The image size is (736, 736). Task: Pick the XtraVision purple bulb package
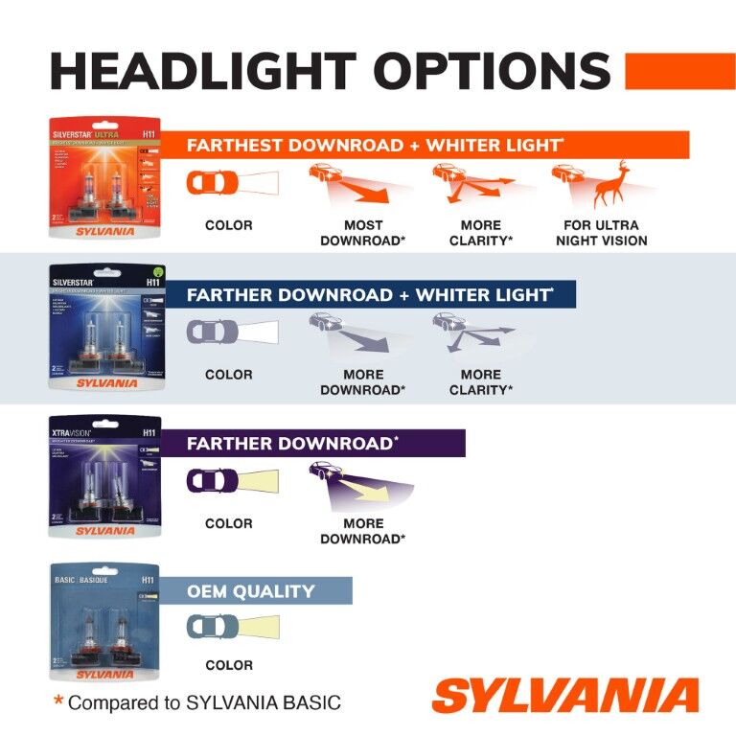coord(105,476)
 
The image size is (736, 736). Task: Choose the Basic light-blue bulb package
coord(105,622)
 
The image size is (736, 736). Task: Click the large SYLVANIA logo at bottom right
coord(564,696)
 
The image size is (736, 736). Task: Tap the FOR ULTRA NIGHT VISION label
coord(601,233)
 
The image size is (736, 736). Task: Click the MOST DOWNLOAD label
coord(362,233)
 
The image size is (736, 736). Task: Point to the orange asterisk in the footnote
coord(58,701)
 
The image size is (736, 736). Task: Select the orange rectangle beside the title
coord(679,71)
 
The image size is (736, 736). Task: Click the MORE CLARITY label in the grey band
coord(480,382)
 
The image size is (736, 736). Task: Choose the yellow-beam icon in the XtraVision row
coord(361,485)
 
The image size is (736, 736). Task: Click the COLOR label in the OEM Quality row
coord(229,665)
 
